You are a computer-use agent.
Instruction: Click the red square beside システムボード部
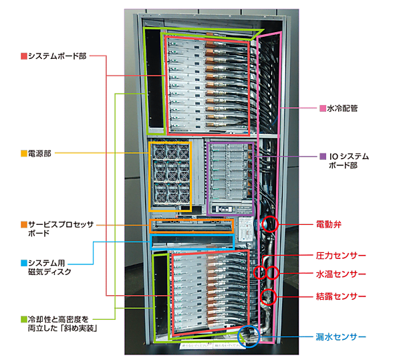[x=23, y=56]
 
